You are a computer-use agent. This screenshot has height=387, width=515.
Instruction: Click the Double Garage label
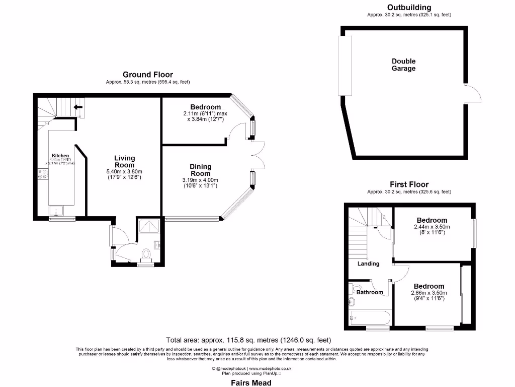[x=404, y=65]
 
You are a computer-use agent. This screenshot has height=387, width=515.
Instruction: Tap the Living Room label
[x=124, y=161]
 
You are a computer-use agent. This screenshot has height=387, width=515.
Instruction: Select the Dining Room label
[x=200, y=170]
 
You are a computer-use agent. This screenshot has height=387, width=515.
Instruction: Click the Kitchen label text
[x=60, y=156]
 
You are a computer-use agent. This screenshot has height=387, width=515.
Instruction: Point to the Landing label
[x=368, y=264]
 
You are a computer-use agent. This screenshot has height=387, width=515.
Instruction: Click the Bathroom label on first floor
[x=370, y=292]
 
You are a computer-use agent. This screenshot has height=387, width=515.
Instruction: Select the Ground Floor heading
[x=148, y=75]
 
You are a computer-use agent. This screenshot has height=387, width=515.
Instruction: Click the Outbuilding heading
[x=409, y=8]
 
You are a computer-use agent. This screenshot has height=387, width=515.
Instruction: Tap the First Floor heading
[x=409, y=184]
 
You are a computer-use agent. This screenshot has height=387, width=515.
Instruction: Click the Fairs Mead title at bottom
[x=251, y=383]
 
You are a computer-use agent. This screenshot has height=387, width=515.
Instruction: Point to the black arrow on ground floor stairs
[x=78, y=107]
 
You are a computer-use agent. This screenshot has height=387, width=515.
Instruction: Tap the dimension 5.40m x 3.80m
[x=124, y=171]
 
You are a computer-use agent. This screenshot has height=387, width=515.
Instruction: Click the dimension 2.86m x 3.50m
[x=429, y=293]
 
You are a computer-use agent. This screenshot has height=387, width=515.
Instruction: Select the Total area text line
[x=248, y=340]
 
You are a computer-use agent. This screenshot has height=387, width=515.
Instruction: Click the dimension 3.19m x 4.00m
[x=200, y=180]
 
